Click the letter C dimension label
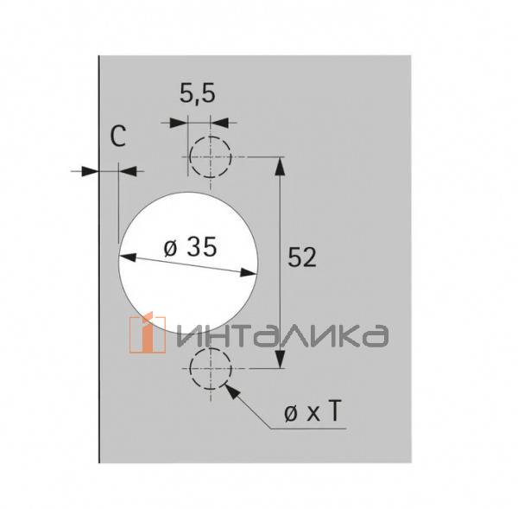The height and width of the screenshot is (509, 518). [119, 137]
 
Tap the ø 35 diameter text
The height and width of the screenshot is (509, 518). [189, 248]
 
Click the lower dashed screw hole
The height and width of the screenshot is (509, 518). [211, 369]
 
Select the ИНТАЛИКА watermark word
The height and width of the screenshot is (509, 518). [284, 334]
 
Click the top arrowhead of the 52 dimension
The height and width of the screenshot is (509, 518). [278, 166]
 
